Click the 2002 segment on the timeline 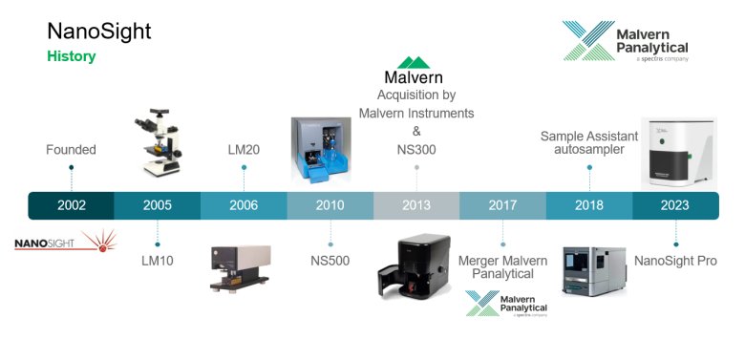72,205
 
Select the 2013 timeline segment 416,205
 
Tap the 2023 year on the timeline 674,205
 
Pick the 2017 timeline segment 502,205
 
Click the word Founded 71,150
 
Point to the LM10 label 158,261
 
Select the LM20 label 244,150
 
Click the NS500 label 330,261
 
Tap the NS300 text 416,150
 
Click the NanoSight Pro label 675,261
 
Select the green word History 72,56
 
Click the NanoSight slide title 99,32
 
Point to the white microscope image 158,142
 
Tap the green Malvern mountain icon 414,62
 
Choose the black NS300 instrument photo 414,266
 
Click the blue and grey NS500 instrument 321,150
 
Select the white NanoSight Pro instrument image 679,153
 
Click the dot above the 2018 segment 589,167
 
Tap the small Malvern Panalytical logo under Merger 506,304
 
